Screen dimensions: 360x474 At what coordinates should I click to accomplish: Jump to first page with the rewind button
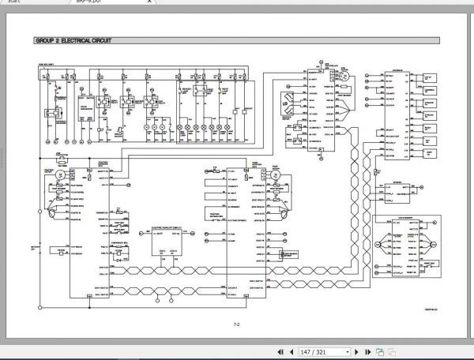[280, 351]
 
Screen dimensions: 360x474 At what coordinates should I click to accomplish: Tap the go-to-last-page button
[368, 351]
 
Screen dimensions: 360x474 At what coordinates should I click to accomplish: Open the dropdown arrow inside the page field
[344, 351]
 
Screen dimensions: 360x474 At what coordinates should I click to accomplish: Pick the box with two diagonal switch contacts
[291, 103]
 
